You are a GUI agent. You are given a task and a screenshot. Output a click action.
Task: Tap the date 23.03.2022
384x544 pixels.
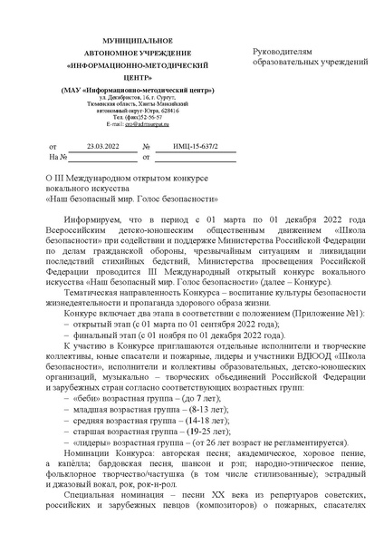[x=102, y=146]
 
